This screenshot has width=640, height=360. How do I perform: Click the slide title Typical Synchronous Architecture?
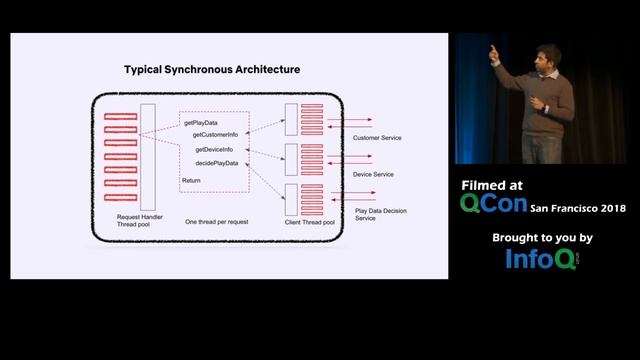click(211, 70)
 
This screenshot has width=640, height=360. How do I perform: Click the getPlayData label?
click(201, 121)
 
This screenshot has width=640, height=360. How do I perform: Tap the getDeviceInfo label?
click(214, 150)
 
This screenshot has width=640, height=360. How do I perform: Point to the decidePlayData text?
click(216, 163)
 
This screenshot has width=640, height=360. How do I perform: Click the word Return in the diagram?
click(191, 180)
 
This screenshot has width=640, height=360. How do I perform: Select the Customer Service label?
click(378, 137)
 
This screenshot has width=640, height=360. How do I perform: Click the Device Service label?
click(374, 174)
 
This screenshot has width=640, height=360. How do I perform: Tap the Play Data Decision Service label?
click(378, 214)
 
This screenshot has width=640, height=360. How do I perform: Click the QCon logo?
click(492, 204)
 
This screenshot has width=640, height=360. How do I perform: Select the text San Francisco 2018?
click(577, 208)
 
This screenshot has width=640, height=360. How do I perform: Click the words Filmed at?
click(491, 185)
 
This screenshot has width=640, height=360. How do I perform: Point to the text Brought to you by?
click(543, 238)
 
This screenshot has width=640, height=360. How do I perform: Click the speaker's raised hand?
click(494, 53)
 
